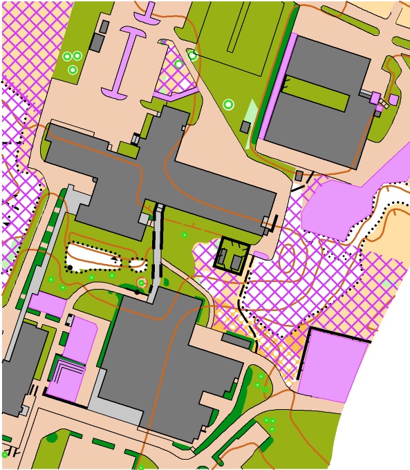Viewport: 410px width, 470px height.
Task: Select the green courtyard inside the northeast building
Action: pyautogui.click(x=315, y=94)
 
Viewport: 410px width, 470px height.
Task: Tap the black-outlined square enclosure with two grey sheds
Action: pyautogui.click(x=232, y=256)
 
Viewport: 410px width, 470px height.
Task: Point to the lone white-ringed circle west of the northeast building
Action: pyautogui.click(x=228, y=104)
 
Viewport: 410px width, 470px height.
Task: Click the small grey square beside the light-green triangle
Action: pyautogui.click(x=245, y=127)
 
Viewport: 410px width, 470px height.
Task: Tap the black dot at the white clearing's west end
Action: pyautogui.click(x=70, y=267)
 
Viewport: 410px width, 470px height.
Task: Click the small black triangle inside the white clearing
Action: pyautogui.click(x=115, y=258)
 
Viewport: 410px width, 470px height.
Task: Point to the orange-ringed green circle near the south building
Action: pyautogui.click(x=141, y=283)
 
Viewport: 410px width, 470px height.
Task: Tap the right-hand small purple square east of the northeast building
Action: pyautogui.click(x=393, y=100)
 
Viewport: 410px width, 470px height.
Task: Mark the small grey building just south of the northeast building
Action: pyautogui.click(x=299, y=176)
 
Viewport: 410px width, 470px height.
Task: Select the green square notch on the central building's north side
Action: pyautogui.click(x=127, y=147)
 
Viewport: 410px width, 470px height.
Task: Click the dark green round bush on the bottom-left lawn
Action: pyautogui.click(x=53, y=437)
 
